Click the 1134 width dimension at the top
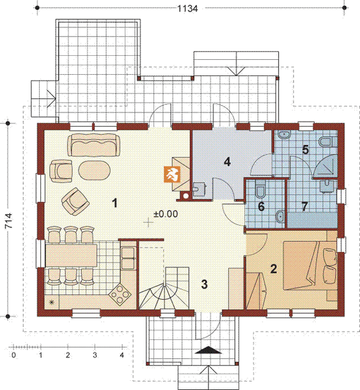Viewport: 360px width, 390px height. click(x=188, y=8)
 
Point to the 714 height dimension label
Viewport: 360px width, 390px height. click(x=8, y=220)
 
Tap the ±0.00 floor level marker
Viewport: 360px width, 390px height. click(x=166, y=214)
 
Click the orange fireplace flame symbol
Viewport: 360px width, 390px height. click(x=172, y=174)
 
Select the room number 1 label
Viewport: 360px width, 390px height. click(x=114, y=203)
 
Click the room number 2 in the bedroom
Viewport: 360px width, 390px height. click(x=274, y=269)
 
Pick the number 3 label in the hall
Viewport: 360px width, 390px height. click(x=204, y=284)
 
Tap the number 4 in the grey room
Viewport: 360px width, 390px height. click(x=227, y=162)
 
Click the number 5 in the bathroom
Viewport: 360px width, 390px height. click(x=305, y=149)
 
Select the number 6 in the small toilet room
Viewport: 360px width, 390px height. click(x=261, y=207)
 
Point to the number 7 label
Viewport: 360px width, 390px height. click(x=305, y=207)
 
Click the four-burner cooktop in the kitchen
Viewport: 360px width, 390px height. click(x=120, y=294)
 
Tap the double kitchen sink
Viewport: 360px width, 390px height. click(x=128, y=258)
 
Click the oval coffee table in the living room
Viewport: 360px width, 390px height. click(x=94, y=170)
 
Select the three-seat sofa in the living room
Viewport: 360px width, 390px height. click(x=94, y=145)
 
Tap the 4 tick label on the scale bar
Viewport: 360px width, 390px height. click(x=122, y=355)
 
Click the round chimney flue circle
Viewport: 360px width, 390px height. click(x=186, y=196)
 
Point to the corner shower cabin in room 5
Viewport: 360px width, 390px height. click(x=326, y=166)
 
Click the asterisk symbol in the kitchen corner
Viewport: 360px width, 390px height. click(x=52, y=302)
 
